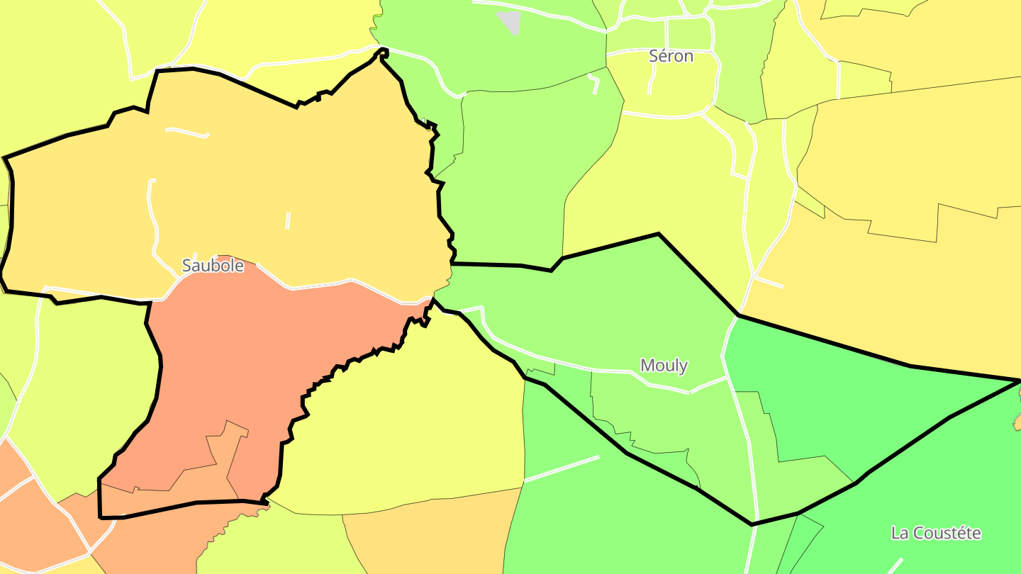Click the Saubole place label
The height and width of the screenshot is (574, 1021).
213,266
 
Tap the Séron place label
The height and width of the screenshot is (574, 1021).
671,56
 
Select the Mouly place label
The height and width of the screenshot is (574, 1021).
664,366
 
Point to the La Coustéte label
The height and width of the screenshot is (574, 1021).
936,533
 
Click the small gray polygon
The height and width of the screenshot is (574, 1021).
510,21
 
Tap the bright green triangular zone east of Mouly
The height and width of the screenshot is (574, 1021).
851,397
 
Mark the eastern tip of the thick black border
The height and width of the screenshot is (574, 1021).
1019,381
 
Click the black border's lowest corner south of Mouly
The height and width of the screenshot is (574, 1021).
752,524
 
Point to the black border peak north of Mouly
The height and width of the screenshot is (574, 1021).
659,234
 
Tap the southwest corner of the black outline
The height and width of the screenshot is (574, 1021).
100,517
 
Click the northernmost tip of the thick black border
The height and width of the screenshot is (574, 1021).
384,49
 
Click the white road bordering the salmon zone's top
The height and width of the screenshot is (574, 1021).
319,286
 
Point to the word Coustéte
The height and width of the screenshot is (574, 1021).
950,533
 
